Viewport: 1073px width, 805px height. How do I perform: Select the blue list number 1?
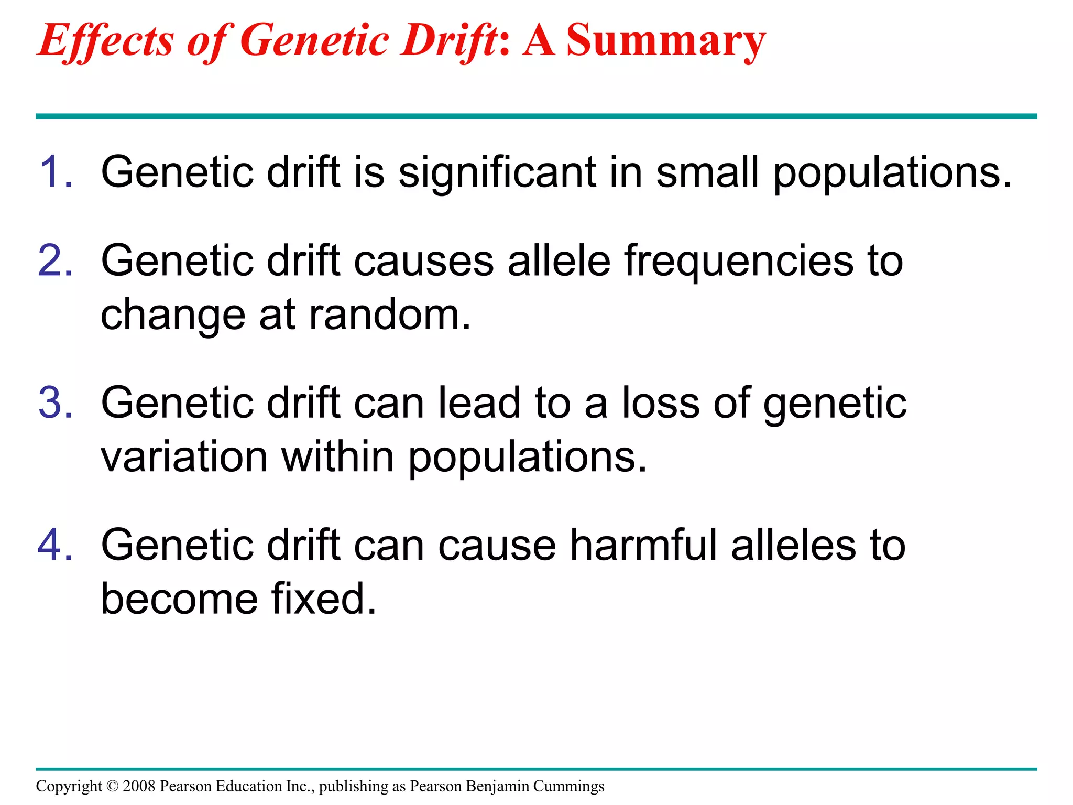pyautogui.click(x=55, y=172)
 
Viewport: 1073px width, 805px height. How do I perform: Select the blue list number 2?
pyautogui.click(x=55, y=260)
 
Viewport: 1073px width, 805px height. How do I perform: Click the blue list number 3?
pyautogui.click(x=55, y=402)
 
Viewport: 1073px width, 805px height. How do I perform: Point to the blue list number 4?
pyautogui.click(x=55, y=545)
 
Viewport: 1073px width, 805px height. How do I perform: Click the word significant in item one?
pyautogui.click(x=497, y=173)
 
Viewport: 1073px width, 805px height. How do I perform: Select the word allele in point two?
pyautogui.click(x=559, y=260)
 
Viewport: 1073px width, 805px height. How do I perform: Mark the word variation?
pyautogui.click(x=184, y=456)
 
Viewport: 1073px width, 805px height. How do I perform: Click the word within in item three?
pyautogui.click(x=338, y=456)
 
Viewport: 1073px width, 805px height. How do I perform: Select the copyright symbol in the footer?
pyautogui.click(x=112, y=786)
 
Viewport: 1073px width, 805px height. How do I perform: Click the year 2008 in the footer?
pyautogui.click(x=139, y=786)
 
